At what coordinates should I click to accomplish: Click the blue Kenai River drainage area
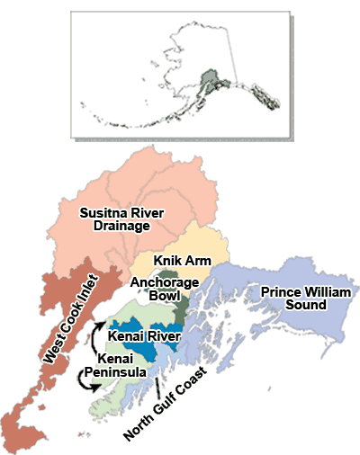[144, 352]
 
